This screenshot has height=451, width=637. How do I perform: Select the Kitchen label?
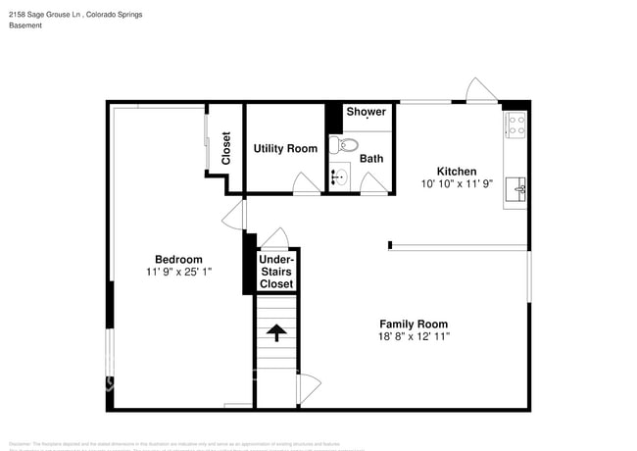coord(456,171)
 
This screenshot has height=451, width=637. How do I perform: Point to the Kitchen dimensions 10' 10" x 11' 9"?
coord(456,183)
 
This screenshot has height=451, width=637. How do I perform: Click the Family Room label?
coord(414,324)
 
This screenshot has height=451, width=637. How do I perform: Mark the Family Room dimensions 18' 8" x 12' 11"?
coord(414,336)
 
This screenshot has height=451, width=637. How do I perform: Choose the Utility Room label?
coord(285,148)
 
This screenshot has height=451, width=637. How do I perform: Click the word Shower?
coord(366,112)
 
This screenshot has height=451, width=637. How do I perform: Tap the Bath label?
coord(371,158)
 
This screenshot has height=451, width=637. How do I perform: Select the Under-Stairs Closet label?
coord(276,272)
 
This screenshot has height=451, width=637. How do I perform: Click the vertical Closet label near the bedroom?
coord(226,147)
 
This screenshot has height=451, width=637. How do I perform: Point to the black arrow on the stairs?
coord(276,332)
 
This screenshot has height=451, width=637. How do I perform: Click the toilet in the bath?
coord(336,145)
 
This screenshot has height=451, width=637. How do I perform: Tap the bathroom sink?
coord(339,177)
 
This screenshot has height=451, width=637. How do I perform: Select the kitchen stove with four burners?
coord(515,125)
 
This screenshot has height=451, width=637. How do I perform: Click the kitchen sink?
coord(515,187)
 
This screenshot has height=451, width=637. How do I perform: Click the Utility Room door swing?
coord(307,182)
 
